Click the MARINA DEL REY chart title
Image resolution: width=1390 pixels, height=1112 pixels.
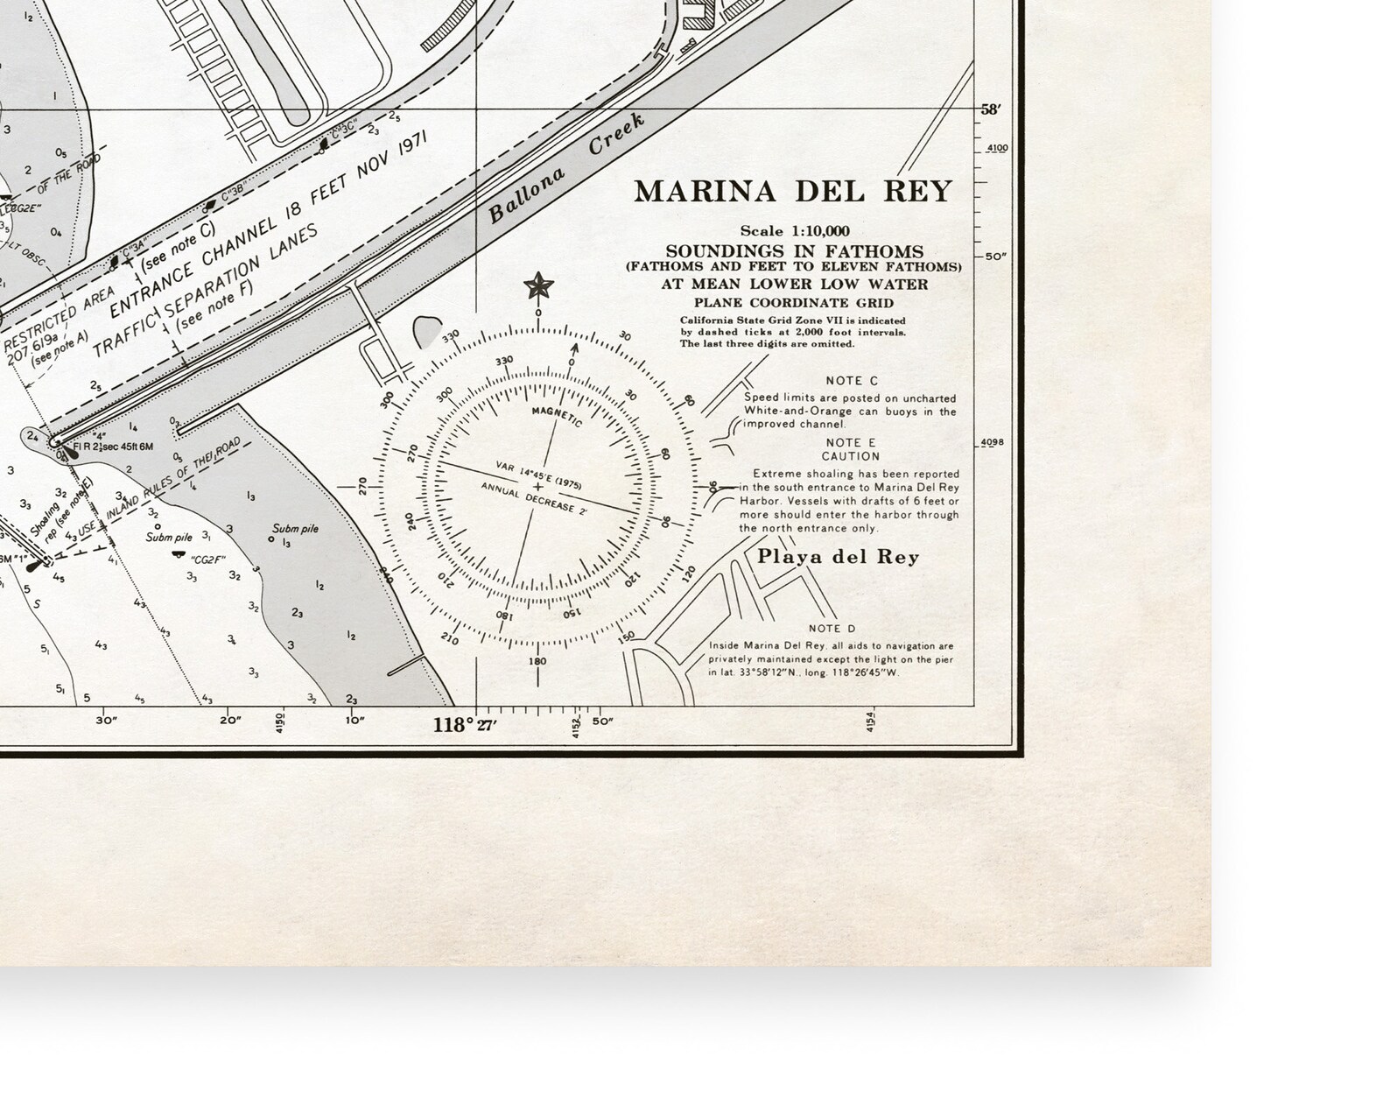(x=792, y=192)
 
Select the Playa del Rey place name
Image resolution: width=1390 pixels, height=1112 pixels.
(x=838, y=557)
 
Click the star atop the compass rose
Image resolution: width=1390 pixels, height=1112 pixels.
(x=537, y=285)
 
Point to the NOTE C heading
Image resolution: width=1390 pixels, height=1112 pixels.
(x=851, y=381)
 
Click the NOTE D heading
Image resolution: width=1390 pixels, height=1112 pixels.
(x=832, y=629)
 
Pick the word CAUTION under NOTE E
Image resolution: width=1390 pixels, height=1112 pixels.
(x=850, y=456)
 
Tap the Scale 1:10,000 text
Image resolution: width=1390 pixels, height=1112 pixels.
(x=794, y=231)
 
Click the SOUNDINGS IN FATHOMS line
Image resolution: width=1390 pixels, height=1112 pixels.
(x=794, y=251)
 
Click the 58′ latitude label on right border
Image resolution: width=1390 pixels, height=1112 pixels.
(x=990, y=110)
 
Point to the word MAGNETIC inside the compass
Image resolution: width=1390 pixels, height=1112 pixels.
(x=557, y=417)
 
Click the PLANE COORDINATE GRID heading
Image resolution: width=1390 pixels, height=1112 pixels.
(x=794, y=303)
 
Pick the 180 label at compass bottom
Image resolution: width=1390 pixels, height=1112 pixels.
(x=537, y=661)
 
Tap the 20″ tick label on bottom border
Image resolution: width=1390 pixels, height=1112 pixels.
(x=230, y=721)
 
